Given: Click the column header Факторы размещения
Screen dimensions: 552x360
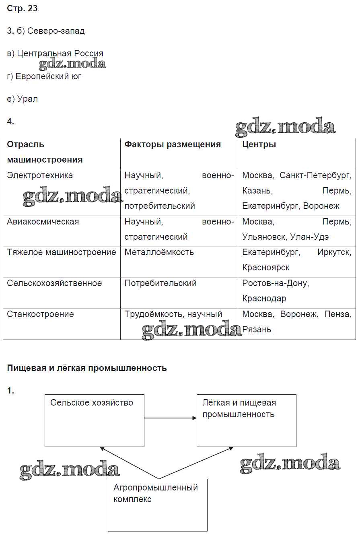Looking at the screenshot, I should pyautogui.click(x=173, y=144).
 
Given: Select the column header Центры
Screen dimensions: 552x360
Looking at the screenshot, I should pyautogui.click(x=259, y=144).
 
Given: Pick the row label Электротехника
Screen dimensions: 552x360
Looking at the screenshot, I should pyautogui.click(x=40, y=175).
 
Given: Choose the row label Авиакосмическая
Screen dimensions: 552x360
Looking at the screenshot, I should pyautogui.click(x=43, y=222).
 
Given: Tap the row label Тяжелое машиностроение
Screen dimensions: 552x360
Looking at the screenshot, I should pyautogui.click(x=61, y=252).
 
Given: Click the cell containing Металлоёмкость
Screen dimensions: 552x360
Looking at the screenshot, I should pyautogui.click(x=159, y=252).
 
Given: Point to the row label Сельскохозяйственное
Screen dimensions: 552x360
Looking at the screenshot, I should pyautogui.click(x=54, y=283).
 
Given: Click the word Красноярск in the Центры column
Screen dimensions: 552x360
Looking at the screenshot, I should pyautogui.click(x=266, y=268).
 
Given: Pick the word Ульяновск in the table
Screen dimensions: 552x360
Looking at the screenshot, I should pyautogui.click(x=263, y=237).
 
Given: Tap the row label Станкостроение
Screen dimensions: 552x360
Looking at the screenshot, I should pyautogui.click(x=40, y=314).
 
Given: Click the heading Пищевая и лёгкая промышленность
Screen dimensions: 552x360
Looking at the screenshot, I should pyautogui.click(x=87, y=368).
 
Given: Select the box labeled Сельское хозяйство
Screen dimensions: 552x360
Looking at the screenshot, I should pyautogui.click(x=94, y=420).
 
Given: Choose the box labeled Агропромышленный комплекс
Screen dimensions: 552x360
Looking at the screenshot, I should pyautogui.click(x=157, y=505).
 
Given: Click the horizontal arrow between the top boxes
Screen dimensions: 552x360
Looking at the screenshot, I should pyautogui.click(x=170, y=418).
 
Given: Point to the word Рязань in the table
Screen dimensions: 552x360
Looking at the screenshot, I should pyautogui.click(x=257, y=330).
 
